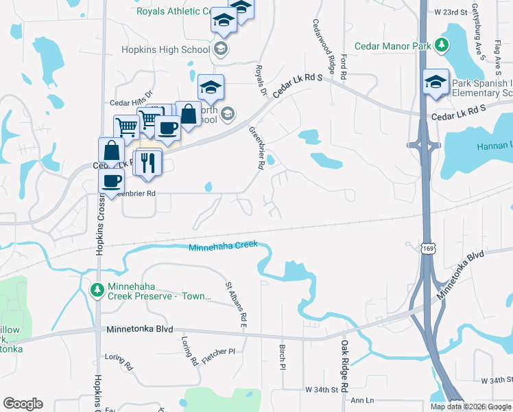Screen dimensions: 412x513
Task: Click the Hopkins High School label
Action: (x=165, y=49)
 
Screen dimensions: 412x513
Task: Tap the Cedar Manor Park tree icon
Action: (x=443, y=46)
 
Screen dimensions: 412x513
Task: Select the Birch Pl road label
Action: (x=282, y=357)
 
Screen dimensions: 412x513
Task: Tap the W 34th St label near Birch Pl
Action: (x=323, y=389)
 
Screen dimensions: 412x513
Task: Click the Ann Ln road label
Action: (x=361, y=400)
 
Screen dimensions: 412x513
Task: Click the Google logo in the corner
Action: (x=23, y=404)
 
